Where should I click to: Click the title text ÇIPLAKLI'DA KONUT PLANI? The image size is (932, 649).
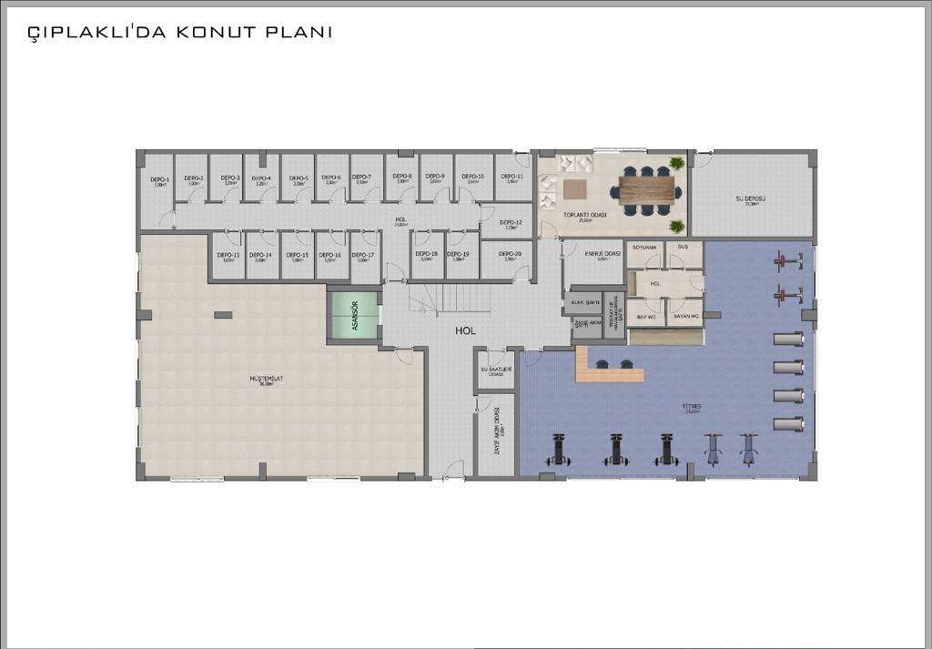pyautogui.click(x=179, y=32)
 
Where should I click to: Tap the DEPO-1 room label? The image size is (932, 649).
pyautogui.click(x=160, y=179)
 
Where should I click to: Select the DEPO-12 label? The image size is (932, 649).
pyautogui.click(x=512, y=222)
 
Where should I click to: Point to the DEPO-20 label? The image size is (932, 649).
pyautogui.click(x=512, y=254)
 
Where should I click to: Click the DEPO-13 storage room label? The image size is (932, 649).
pyautogui.click(x=229, y=255)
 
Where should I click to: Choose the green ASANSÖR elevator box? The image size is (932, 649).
pyautogui.click(x=354, y=314)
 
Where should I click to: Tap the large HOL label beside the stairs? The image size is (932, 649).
pyautogui.click(x=466, y=332)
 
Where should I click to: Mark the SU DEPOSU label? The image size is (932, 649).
pyautogui.click(x=752, y=198)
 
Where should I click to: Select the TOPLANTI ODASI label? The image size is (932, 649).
pyautogui.click(x=585, y=215)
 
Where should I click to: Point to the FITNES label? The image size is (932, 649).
pyautogui.click(x=692, y=407)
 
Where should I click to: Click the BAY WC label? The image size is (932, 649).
pyautogui.click(x=647, y=317)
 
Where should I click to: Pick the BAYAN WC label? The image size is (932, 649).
pyautogui.click(x=685, y=317)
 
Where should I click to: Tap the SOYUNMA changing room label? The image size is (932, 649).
pyautogui.click(x=644, y=247)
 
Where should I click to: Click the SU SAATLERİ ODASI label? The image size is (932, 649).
pyautogui.click(x=496, y=370)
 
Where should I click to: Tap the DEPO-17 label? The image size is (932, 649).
pyautogui.click(x=363, y=255)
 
